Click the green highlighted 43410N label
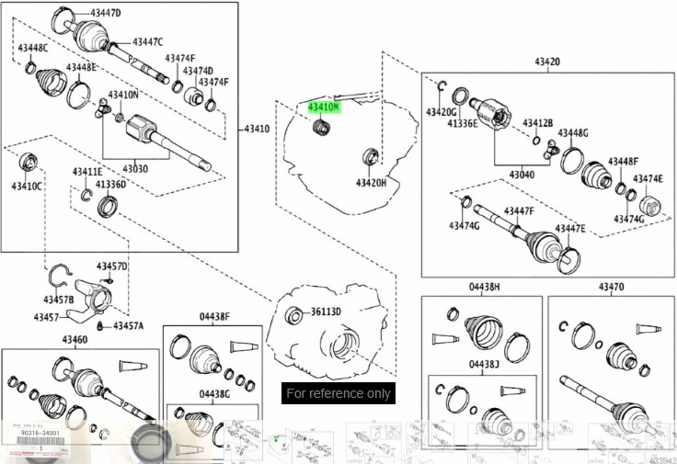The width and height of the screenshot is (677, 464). tap(324, 108)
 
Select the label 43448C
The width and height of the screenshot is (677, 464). tap(32, 48)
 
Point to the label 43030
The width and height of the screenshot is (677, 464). tap(135, 169)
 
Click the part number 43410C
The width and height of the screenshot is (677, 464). tap(28, 187)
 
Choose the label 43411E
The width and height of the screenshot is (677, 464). tap(87, 172)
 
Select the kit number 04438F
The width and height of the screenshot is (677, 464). tap(214, 317)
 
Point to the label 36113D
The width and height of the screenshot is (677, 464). tap(326, 311)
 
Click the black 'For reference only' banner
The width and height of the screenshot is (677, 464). tap(338, 393)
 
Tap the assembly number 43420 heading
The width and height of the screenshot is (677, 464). tap(546, 62)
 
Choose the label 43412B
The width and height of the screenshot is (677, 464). tap(538, 122)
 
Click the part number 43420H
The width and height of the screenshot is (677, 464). tap(372, 183)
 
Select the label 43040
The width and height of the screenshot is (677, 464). tap(522, 174)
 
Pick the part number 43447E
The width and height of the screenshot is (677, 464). tap(570, 228)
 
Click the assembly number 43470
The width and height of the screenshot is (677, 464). tap(611, 287)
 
